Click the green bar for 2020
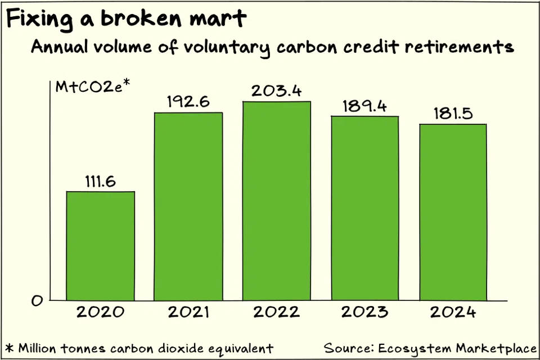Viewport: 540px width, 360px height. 101,246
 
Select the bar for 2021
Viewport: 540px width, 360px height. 188,206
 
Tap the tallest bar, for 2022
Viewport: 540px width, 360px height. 277,201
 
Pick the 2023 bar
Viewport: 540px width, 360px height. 364,208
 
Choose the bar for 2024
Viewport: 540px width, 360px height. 453,212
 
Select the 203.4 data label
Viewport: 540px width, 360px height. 277,91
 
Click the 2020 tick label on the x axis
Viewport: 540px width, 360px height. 101,312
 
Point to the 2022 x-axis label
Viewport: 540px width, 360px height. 277,312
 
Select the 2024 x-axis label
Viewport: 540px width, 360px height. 453,312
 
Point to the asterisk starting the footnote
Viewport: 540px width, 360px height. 8,347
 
